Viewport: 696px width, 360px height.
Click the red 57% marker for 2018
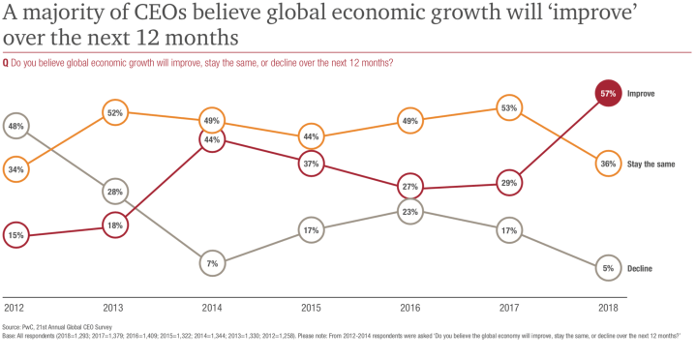tap(607, 94)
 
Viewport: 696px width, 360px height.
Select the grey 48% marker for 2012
tap(16, 127)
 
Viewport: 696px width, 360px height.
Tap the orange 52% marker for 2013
tap(114, 112)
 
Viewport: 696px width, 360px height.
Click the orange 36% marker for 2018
tap(607, 164)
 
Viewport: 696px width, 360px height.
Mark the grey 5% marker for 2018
tap(607, 268)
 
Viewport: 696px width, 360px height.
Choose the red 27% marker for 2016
tap(409, 187)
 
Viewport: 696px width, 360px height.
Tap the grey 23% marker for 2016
tap(409, 212)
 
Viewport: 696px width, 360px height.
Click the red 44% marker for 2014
tap(212, 139)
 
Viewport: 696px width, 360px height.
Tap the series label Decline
tap(642, 269)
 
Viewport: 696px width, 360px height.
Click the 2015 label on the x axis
tap(310, 308)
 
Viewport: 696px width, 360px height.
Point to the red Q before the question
tap(7, 63)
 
